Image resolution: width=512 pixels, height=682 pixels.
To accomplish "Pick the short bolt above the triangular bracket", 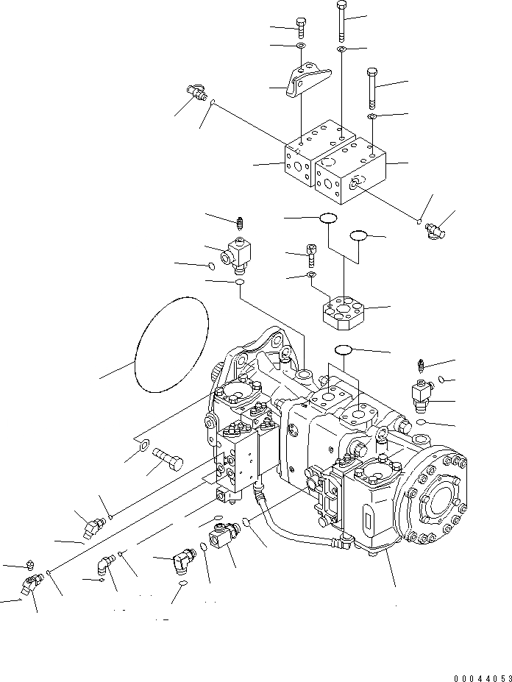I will coord(301,26).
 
